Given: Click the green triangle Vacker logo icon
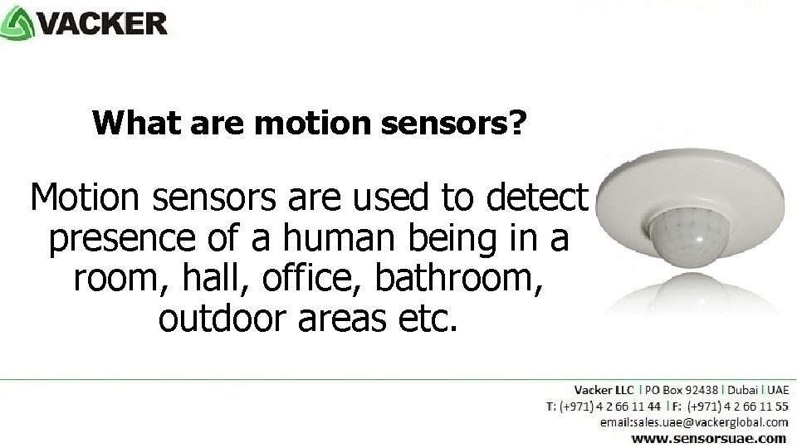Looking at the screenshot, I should coord(18,23).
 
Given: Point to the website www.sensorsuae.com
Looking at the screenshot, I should coord(708,437).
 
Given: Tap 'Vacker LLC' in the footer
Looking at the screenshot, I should coord(604,389).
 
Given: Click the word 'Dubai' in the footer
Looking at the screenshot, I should coord(743,389).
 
